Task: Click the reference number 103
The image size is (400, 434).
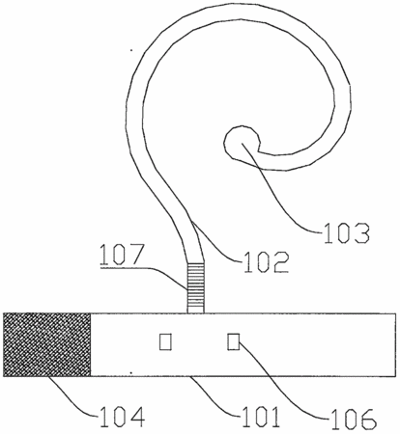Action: point(347,232)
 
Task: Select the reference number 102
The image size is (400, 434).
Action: point(266,262)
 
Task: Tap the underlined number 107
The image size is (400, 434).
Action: point(122,255)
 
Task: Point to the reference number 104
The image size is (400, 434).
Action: point(123,417)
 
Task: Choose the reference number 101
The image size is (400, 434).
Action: point(261,417)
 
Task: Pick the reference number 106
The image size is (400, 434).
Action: point(355,419)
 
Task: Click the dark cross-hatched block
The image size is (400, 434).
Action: point(47,344)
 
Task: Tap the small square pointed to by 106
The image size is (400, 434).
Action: point(233,341)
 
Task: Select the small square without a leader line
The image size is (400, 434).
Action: point(165,341)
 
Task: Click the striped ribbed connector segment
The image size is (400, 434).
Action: point(196,287)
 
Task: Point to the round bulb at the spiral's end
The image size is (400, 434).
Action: point(242,142)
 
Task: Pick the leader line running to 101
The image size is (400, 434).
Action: point(215,397)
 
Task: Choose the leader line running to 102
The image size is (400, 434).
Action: point(214,243)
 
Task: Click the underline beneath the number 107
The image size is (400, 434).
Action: point(122,267)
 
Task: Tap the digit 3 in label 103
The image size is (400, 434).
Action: point(361,232)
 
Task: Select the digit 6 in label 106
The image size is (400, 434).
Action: point(369,419)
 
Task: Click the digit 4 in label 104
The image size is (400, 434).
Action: point(136,417)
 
